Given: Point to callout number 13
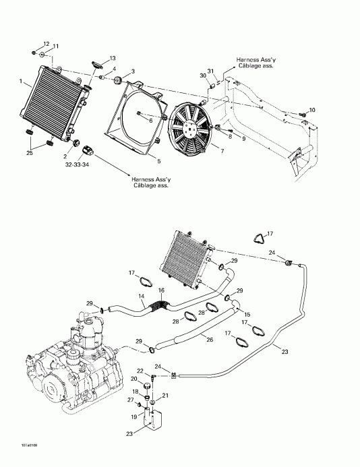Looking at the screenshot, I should pos(112,59).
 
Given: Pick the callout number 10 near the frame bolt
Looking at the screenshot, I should pos(311,110).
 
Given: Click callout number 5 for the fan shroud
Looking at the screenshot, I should pos(158,162).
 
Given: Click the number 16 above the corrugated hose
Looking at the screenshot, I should pos(161,290).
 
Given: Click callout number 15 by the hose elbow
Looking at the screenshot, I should pos(247,315).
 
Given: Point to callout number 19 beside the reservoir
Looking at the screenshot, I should pos(133,417).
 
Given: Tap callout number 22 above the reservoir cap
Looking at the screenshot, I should pos(140,371).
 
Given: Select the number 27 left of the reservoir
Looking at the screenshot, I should pos(131,401).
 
